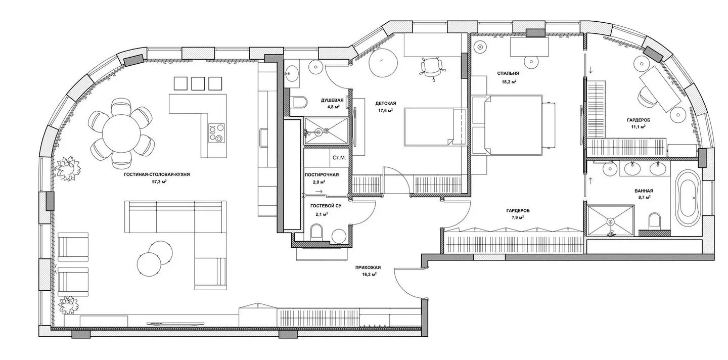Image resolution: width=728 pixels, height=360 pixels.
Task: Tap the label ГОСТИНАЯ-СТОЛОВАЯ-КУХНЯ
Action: pos(157,174)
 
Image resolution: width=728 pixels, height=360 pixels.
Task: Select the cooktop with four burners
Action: pos(217,133)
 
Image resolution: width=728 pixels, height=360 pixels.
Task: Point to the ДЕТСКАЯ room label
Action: pos(386,104)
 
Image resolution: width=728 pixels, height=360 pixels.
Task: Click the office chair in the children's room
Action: pos(431,67)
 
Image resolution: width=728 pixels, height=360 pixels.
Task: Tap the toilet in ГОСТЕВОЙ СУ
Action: pos(316,232)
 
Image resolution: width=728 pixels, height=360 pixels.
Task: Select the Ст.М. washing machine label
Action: pos(339,158)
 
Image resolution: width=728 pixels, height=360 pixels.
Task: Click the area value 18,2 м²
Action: pos(509,82)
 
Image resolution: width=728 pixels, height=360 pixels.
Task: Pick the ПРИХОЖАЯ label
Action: pos(368,268)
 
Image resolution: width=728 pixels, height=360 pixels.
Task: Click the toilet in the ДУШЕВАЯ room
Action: pos(300,102)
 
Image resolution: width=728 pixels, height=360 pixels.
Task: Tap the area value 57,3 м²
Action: pos(159,182)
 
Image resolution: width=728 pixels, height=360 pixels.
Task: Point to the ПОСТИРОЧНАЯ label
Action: pos(322,175)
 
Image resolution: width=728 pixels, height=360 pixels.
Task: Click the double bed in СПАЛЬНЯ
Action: pos(514,124)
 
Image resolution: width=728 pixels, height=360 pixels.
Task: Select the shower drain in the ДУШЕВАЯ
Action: pos(327,130)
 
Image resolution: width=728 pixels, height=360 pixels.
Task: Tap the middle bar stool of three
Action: pos(198,83)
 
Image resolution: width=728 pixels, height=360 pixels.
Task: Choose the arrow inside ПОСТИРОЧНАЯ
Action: pos(319,192)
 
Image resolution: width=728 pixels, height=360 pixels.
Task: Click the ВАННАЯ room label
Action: pos(644,191)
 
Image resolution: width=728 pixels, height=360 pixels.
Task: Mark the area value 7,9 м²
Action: pos(516,218)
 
